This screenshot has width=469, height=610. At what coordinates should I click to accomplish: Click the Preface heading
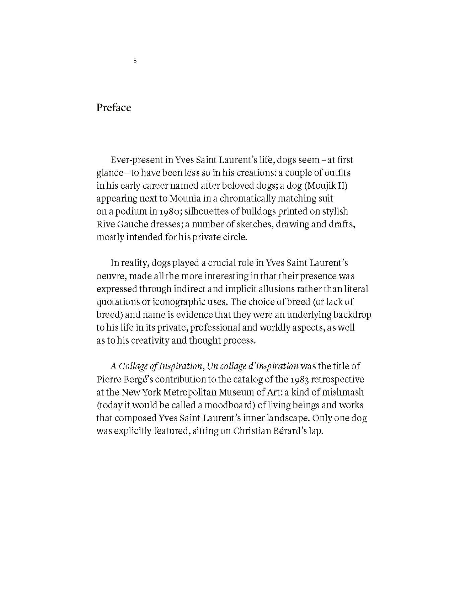coord(114,108)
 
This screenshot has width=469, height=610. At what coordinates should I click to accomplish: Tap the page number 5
coord(135,61)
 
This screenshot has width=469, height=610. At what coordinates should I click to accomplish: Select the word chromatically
coord(248,198)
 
